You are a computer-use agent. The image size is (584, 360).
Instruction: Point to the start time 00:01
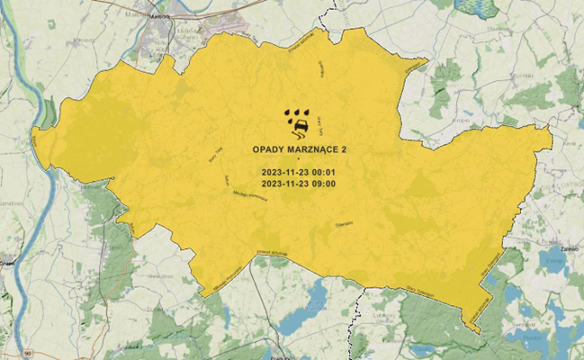pyautogui.click(x=324, y=171)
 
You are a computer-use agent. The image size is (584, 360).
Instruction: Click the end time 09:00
pyautogui.click(x=324, y=184)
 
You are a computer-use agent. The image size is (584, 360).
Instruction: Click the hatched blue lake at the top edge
pyautogui.click(x=477, y=7)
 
